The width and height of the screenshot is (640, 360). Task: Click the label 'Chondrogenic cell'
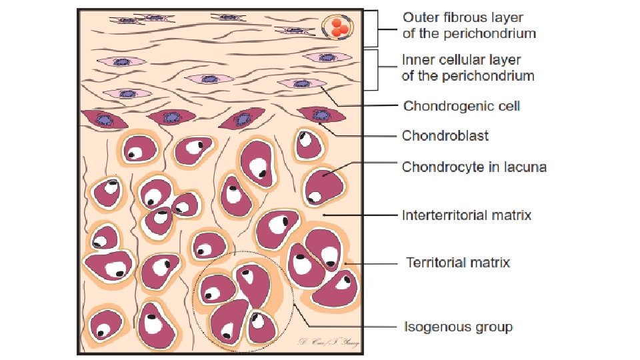pos(461,106)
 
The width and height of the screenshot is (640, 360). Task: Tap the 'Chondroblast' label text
pos(445,136)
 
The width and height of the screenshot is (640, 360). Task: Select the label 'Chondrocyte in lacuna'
pos(473,167)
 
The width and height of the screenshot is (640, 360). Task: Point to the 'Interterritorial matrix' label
pos(466,215)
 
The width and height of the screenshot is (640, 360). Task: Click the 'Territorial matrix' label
pos(458,263)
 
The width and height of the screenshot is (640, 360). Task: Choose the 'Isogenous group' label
pos(459,327)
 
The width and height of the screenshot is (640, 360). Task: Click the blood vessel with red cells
pos(339,27)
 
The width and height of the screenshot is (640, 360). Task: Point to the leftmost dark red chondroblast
pos(105,119)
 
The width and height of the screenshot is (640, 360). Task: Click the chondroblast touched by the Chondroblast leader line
pos(321,115)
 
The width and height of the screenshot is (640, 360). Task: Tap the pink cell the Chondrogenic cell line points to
pos(301,83)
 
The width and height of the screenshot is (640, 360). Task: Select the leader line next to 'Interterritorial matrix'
pos(360,215)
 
